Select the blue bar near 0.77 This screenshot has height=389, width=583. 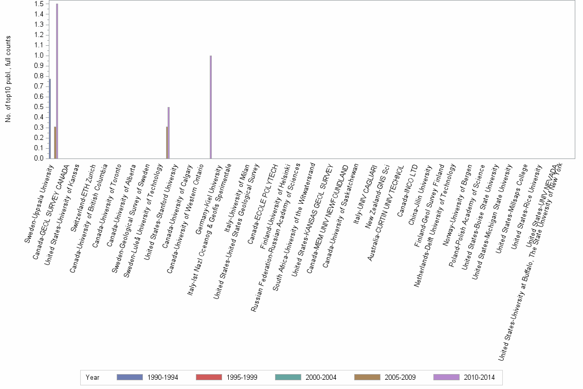(50, 119)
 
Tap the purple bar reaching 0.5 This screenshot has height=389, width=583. (169, 133)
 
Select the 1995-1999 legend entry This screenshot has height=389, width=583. (226, 378)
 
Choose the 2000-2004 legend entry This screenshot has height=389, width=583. (305, 378)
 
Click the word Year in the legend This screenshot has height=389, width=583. (93, 378)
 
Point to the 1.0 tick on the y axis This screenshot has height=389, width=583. (38, 56)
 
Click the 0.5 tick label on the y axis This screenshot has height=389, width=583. (38, 107)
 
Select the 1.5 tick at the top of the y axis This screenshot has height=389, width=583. (38, 4)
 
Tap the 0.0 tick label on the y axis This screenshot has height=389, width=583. (38, 158)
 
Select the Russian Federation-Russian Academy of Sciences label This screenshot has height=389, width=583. (276, 237)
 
